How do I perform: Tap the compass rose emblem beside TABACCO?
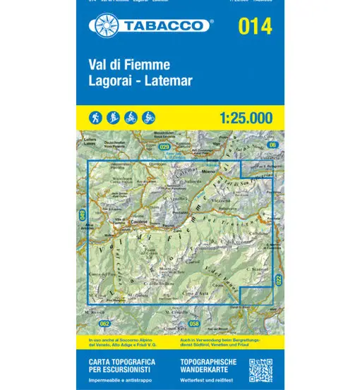click(101, 26)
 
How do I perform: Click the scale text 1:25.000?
click(239, 116)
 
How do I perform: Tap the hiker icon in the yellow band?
click(95, 116)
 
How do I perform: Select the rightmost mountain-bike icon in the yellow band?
click(148, 116)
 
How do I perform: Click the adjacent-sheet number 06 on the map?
click(271, 145)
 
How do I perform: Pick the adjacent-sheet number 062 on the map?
click(105, 324)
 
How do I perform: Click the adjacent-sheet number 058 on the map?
click(193, 324)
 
